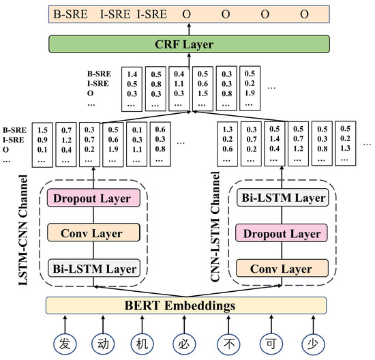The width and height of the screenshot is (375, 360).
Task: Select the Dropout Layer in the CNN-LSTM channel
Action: click(x=282, y=233)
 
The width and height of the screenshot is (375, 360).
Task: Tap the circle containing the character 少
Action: click(x=312, y=341)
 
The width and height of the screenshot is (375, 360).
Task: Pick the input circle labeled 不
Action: click(x=228, y=341)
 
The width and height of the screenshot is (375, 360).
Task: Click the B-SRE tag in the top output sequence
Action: click(x=72, y=14)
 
